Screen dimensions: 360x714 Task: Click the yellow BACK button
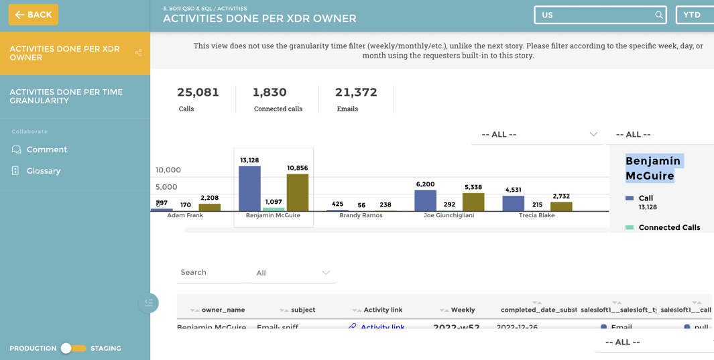pos(34,15)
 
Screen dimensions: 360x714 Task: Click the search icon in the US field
pos(658,15)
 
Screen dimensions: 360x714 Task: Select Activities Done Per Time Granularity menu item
pos(66,96)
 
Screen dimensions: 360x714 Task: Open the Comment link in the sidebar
pos(46,149)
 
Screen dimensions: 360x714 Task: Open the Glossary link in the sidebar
pos(43,171)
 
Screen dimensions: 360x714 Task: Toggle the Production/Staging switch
pos(73,348)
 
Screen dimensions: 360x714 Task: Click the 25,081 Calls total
pos(198,93)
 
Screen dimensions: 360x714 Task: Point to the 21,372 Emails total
pos(356,93)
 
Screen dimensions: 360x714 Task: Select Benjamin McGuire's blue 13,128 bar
pos(249,188)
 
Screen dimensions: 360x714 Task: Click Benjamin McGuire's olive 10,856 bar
pos(298,192)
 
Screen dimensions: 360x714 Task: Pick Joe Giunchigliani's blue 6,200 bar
pos(425,200)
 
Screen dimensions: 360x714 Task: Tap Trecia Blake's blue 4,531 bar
pos(514,203)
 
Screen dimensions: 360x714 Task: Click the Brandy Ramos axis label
pos(361,216)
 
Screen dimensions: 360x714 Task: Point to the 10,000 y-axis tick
pos(168,170)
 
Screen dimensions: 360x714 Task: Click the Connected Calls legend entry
pos(668,228)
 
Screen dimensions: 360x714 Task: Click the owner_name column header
pos(223,310)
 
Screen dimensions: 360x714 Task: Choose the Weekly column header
pos(463,310)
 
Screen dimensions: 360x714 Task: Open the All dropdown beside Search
pos(292,273)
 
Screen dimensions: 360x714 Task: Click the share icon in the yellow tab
pos(138,53)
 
